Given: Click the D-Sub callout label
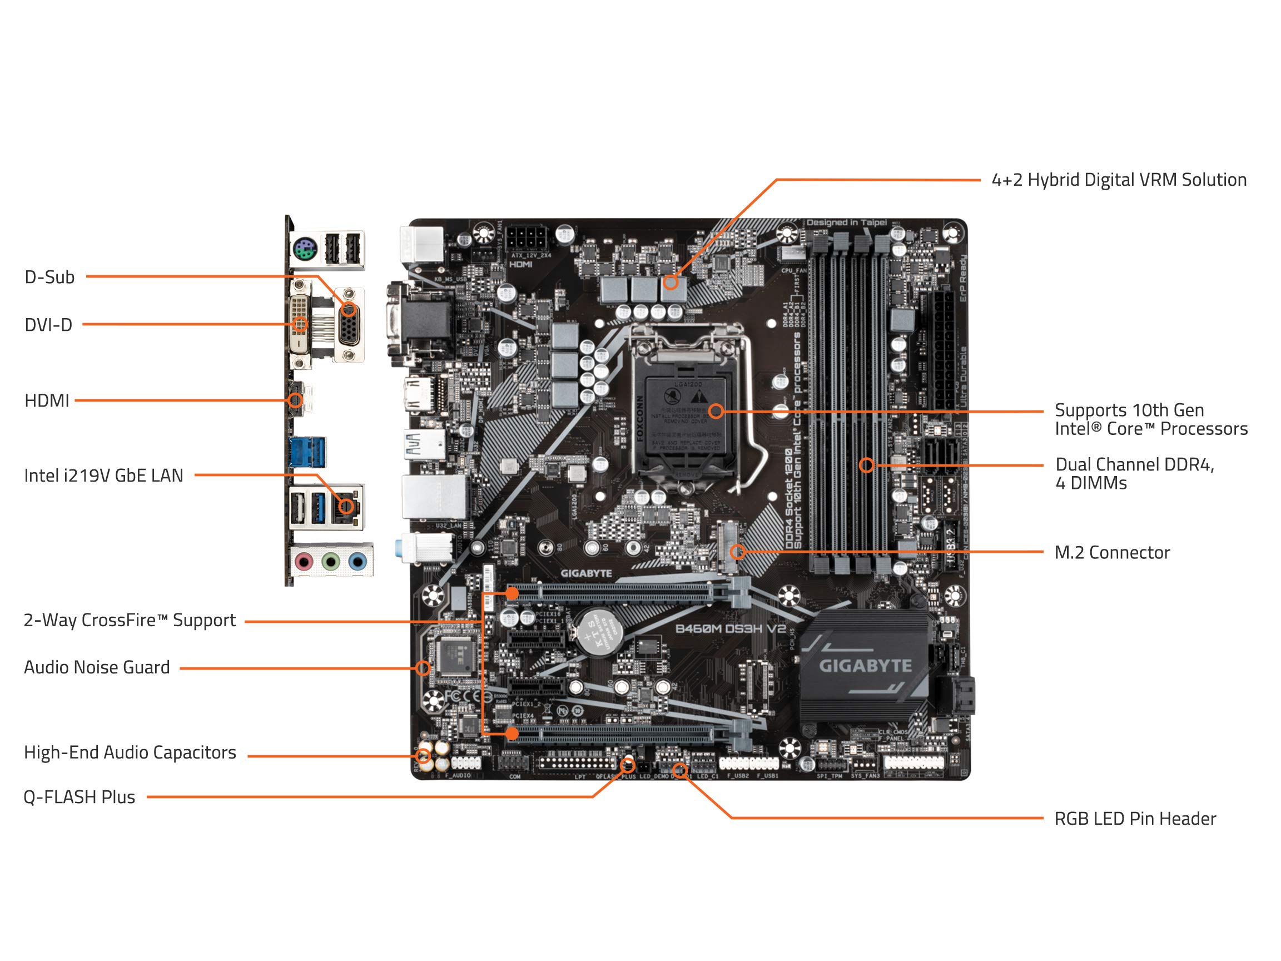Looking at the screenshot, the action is [49, 278].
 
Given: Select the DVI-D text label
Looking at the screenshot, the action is [48, 325].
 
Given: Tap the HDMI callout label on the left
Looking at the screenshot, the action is [46, 401].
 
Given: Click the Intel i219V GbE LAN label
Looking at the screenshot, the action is [103, 475].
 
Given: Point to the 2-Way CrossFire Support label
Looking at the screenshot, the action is [129, 621].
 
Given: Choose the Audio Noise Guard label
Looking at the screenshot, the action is [97, 667].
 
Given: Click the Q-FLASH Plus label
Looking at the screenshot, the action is [79, 797].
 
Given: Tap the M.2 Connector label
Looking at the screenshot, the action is [1111, 553].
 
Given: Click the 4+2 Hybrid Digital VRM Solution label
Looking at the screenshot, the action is [1119, 180].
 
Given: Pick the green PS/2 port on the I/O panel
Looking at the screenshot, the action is [304, 251].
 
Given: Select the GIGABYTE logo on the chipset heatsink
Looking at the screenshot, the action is [865, 666].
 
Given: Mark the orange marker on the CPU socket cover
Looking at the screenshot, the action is [716, 412].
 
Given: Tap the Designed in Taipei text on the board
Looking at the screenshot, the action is [846, 222].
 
